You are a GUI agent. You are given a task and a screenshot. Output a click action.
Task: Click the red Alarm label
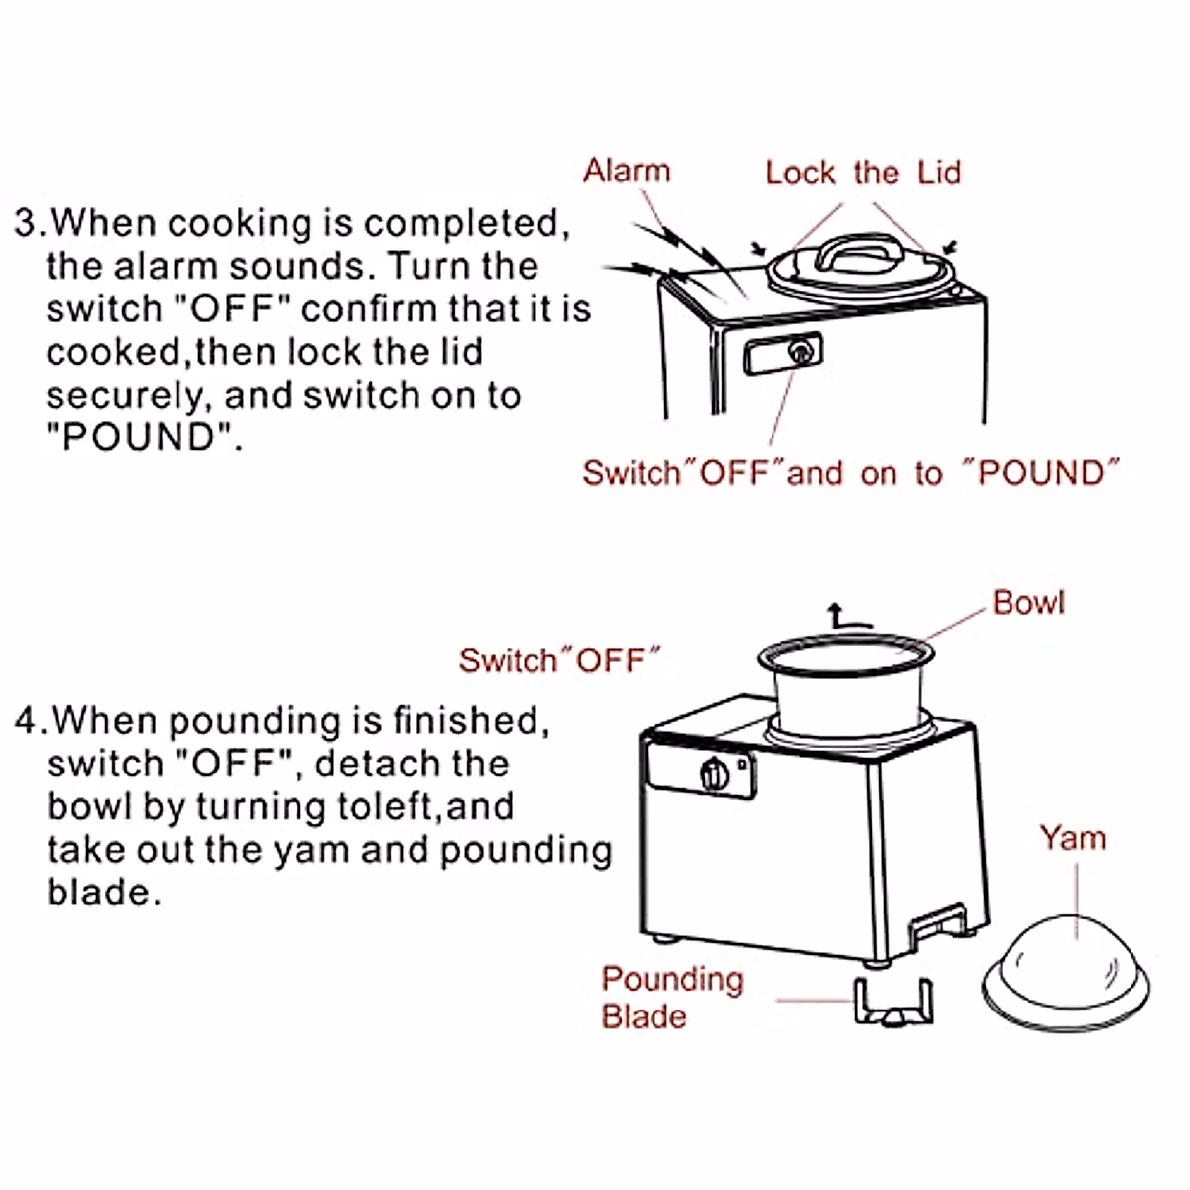pos(627,171)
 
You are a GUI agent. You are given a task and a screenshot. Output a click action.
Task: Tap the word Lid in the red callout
pos(939,173)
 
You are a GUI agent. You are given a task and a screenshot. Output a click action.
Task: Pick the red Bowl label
pos(1028,603)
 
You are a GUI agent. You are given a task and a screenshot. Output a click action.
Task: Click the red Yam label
pos(1072,838)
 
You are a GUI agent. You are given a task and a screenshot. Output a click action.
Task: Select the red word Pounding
pos(672,980)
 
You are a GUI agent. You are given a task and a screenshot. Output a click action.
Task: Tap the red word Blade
pos(644,1017)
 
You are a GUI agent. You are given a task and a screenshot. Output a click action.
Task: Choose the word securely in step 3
pos(128,395)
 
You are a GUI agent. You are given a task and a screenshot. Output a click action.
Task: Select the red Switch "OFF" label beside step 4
pos(559,660)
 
